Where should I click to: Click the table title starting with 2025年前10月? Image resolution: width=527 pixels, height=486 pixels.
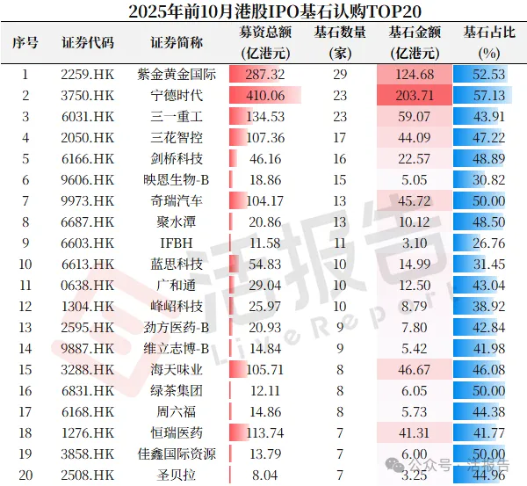tap(263, 11)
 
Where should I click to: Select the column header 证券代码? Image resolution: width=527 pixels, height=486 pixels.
tap(88, 42)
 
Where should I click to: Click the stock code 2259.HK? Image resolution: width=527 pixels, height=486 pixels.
tap(88, 75)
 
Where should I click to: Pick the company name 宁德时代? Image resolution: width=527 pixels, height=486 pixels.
tap(177, 95)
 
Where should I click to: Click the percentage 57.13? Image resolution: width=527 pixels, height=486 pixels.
tap(485, 95)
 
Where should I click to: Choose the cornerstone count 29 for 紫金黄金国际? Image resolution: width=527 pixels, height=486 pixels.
tap(340, 75)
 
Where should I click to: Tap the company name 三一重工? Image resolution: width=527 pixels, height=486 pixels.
tap(177, 116)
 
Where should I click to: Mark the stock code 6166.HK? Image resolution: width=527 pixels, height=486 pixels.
tap(88, 158)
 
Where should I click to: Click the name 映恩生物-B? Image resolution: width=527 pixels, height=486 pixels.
tap(177, 179)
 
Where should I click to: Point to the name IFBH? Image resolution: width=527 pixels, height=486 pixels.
tap(177, 243)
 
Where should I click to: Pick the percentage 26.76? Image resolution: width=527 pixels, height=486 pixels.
tap(485, 243)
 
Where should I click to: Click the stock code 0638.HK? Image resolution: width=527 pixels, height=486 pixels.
tap(88, 285)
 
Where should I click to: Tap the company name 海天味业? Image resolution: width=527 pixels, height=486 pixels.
tap(177, 369)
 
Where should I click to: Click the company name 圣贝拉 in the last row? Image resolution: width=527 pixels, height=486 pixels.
tap(177, 475)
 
